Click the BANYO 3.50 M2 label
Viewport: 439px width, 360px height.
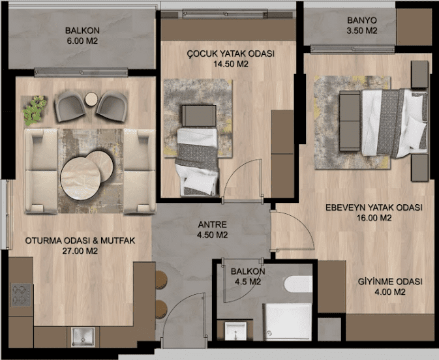(362, 25)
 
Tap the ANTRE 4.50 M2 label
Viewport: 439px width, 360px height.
(212, 230)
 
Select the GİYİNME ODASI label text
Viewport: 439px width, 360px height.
(390, 281)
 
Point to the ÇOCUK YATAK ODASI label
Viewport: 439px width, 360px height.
(231, 53)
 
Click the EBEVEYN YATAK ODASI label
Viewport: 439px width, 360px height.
(374, 207)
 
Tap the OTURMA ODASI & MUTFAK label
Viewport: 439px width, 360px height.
(80, 241)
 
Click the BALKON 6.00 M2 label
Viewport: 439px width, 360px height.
(82, 36)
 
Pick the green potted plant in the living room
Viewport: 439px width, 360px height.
(34, 110)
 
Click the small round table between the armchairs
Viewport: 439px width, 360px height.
(91, 99)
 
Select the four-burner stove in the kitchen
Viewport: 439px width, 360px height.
(21, 295)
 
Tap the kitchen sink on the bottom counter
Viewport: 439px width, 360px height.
(83, 337)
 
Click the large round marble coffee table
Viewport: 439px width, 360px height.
(80, 178)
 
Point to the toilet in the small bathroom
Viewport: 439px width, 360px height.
(298, 284)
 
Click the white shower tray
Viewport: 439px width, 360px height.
(288, 322)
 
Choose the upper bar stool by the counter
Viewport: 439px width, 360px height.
(161, 280)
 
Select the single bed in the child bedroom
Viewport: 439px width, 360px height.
(198, 162)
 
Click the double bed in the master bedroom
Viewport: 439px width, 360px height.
(395, 123)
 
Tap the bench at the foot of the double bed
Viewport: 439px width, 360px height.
(350, 121)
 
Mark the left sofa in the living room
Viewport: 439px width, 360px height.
(41, 171)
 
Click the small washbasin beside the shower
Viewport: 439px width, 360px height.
(235, 331)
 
